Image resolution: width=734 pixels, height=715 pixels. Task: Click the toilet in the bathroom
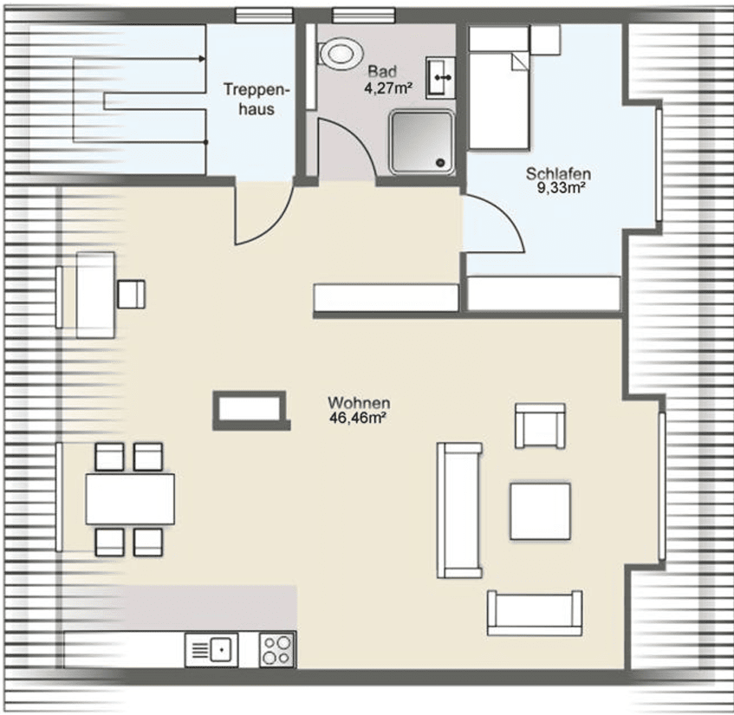[x=340, y=53]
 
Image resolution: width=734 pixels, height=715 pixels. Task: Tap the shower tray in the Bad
[x=422, y=142]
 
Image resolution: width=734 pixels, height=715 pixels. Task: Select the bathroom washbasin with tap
[x=440, y=78]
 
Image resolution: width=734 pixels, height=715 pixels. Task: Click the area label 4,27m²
[x=388, y=88]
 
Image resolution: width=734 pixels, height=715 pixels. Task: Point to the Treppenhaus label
[x=256, y=99]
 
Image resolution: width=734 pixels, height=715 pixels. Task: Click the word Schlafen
[x=558, y=173]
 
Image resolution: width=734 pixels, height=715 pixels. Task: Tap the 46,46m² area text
[x=357, y=418]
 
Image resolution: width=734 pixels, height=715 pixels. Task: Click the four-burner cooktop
[x=277, y=650]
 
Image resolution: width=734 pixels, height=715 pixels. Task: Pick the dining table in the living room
[x=130, y=499]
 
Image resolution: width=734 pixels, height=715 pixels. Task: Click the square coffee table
[x=540, y=511]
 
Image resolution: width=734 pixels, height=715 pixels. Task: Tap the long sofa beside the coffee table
[x=459, y=510]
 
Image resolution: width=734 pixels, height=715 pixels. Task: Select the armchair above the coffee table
[x=540, y=426]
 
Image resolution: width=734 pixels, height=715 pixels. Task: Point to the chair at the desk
[x=131, y=294]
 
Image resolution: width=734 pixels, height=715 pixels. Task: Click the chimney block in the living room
[x=251, y=410]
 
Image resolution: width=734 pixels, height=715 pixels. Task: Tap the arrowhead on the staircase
[x=202, y=59]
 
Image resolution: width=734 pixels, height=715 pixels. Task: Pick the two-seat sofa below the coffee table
[x=535, y=613]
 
